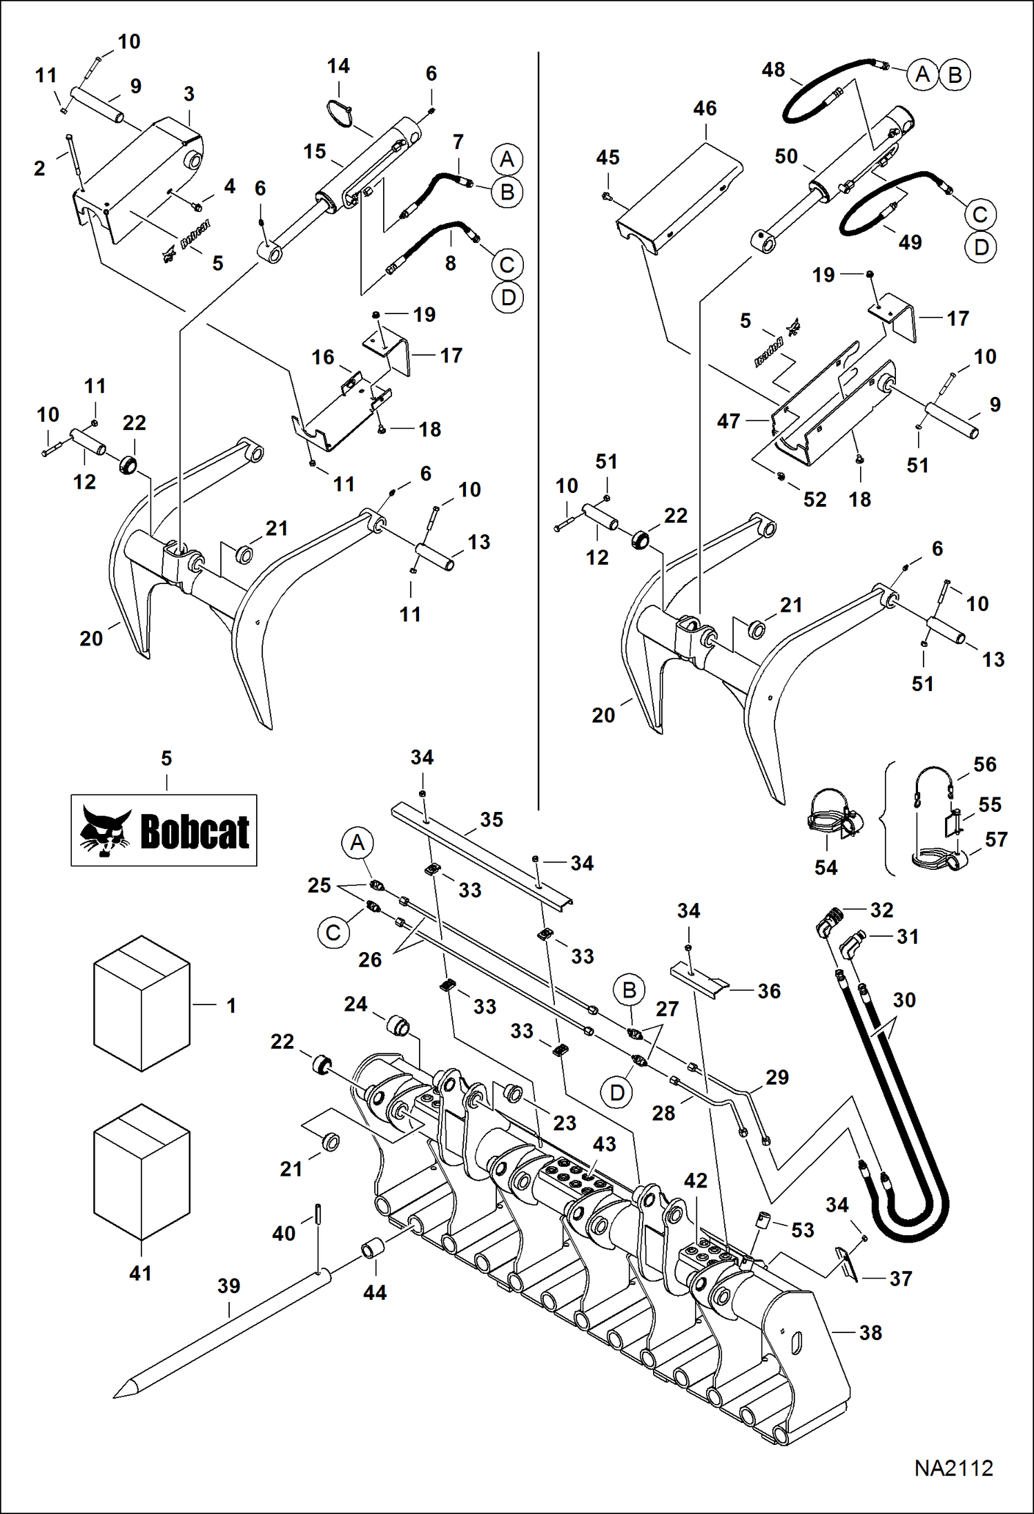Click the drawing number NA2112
(953, 1468)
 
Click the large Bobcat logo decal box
(164, 830)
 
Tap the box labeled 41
(142, 1172)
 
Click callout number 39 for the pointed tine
(228, 1286)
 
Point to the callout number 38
(870, 1332)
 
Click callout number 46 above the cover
(705, 108)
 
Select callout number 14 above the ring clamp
(338, 66)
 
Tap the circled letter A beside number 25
(357, 843)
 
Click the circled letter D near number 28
(617, 1092)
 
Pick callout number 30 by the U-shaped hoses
(904, 1000)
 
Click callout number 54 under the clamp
(826, 867)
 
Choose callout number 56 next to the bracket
(984, 764)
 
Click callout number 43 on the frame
(604, 1144)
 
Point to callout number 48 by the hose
(773, 70)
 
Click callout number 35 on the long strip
(491, 819)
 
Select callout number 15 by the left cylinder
(314, 152)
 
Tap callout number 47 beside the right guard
(728, 421)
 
